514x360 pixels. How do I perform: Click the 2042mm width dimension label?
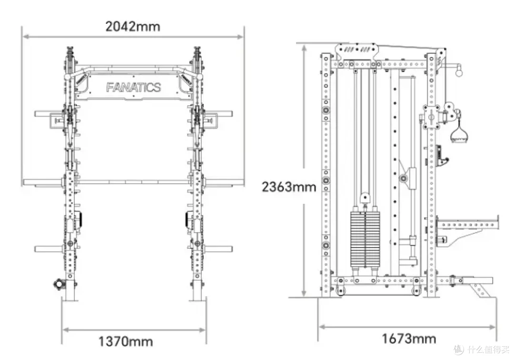point(133,27)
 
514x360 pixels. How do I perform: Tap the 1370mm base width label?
point(126,341)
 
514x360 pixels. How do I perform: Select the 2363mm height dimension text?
point(289,187)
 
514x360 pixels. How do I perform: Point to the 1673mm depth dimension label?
point(409,339)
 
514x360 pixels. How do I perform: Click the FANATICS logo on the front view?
point(133,87)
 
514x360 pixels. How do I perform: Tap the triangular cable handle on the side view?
point(459,134)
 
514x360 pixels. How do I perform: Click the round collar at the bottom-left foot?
point(59,284)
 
